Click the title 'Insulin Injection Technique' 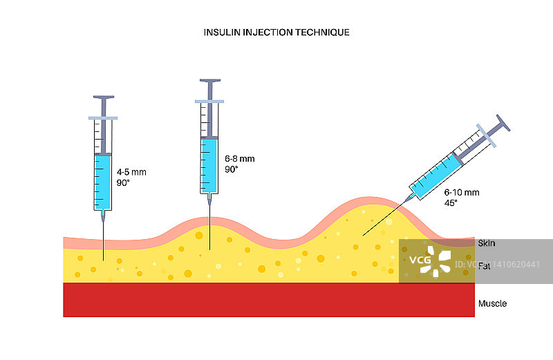276,32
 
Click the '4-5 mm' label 131,172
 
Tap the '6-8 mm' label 240,158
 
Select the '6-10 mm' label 461,192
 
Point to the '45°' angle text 452,203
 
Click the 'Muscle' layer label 492,303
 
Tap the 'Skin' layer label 487,243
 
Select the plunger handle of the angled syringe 503,122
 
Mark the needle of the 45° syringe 387,216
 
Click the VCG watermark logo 429,260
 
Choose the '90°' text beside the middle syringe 232,169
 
